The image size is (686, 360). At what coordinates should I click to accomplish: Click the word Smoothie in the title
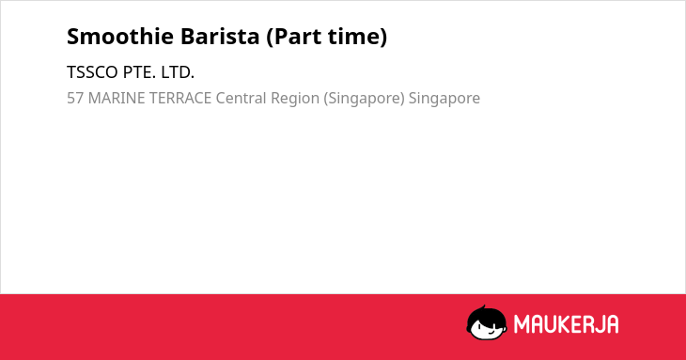120,37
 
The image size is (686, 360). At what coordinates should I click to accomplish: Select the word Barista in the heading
220,37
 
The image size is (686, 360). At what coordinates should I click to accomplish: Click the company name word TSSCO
92,72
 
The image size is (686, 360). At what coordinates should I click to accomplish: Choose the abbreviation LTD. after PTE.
178,72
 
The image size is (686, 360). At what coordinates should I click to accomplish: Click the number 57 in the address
75,98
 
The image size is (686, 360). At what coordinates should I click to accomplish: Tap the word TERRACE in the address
180,98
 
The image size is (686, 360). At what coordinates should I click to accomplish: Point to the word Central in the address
242,98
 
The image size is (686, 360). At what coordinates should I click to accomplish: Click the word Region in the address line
295,99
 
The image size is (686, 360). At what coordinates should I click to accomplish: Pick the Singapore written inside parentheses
364,99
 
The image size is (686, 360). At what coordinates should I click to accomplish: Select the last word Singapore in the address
444,99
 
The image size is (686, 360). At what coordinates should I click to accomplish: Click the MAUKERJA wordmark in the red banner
566,324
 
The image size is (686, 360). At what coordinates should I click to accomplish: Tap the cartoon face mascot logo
487,322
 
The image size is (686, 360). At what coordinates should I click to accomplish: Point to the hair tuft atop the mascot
483,308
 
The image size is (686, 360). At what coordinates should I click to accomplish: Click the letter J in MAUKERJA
599,324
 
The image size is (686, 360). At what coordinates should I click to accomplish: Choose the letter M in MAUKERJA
522,324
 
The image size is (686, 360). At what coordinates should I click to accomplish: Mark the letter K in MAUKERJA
559,324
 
